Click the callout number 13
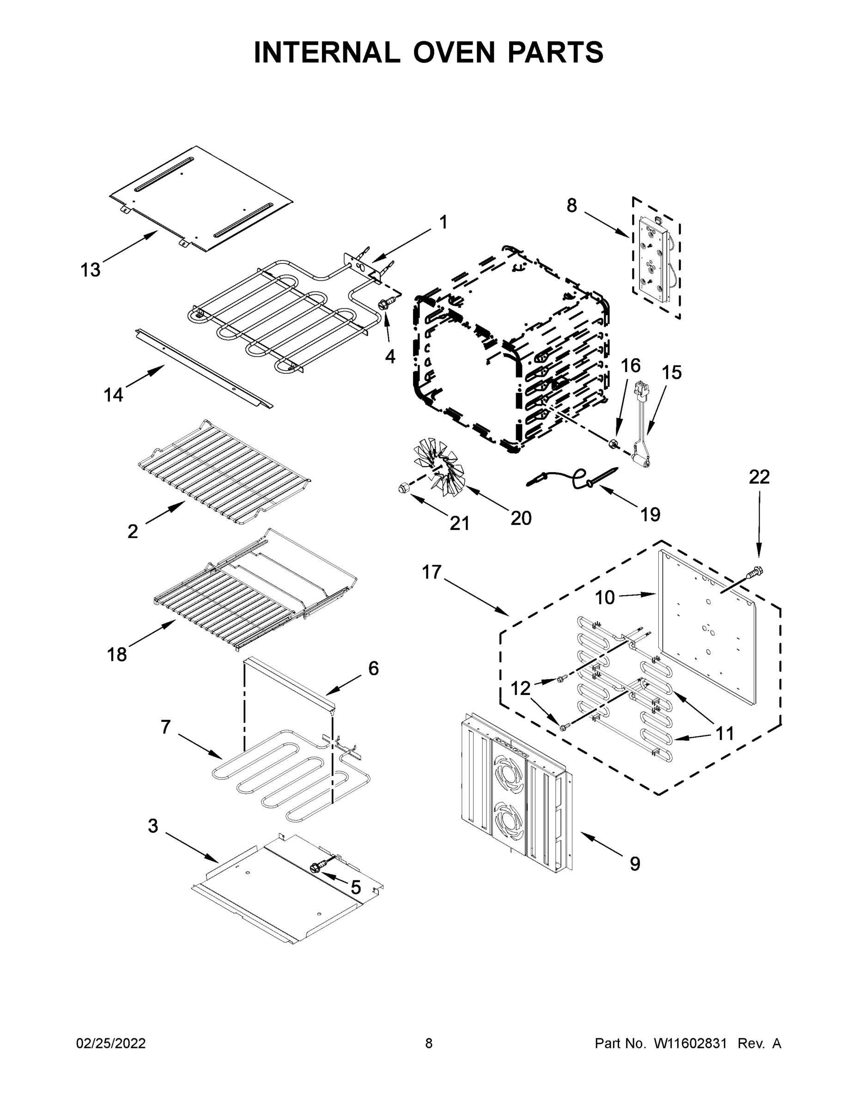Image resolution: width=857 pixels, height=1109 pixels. coord(91,270)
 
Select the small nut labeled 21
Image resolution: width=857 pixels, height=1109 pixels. coord(403,488)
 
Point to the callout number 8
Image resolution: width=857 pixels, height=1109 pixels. coord(571,206)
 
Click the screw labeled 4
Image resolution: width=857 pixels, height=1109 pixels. coord(384,304)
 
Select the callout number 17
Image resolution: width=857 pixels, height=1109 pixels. coord(432,572)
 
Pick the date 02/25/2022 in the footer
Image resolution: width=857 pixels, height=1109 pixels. coord(111,1043)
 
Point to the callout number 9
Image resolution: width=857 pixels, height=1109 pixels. coord(635,864)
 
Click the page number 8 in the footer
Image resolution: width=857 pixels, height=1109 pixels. coord(429,1043)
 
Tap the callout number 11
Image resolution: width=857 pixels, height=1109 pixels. coord(724,733)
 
